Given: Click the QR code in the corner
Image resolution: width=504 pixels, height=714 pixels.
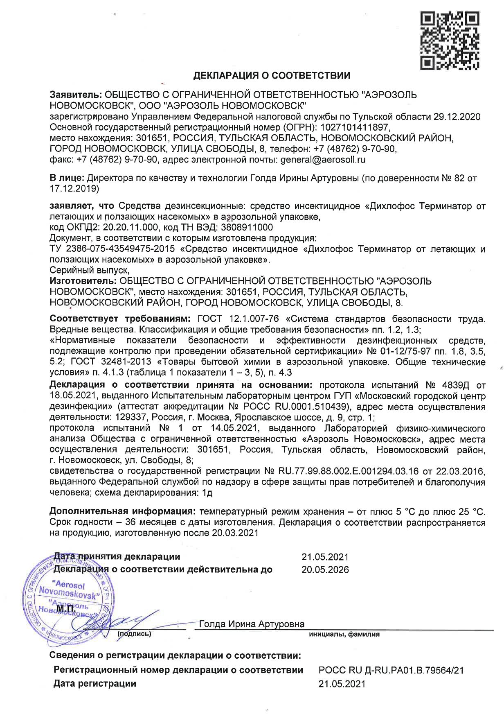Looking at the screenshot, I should tap(450, 41).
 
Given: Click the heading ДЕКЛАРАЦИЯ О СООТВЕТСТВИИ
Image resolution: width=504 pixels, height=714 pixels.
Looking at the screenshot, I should tap(272, 75).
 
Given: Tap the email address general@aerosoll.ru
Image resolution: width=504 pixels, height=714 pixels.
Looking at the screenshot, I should tap(323, 160).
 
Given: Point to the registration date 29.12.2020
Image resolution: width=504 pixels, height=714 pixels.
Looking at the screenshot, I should tap(457, 117).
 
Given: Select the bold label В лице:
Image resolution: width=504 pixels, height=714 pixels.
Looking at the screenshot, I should tap(67, 178).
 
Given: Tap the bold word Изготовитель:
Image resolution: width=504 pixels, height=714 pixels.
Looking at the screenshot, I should tap(83, 281).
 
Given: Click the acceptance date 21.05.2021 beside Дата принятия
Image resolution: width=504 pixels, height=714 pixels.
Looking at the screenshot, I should tap(325, 557).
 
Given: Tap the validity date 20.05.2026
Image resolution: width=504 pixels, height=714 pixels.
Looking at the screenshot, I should tap(325, 569).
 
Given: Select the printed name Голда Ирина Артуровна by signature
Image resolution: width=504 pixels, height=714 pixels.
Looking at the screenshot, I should tap(252, 624).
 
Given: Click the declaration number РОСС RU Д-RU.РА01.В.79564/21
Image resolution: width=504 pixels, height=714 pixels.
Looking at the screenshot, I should tap(391, 670).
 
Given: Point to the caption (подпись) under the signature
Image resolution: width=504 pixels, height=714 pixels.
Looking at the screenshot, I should tap(134, 634).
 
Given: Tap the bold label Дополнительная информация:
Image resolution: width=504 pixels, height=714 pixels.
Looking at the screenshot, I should tap(122, 511).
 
